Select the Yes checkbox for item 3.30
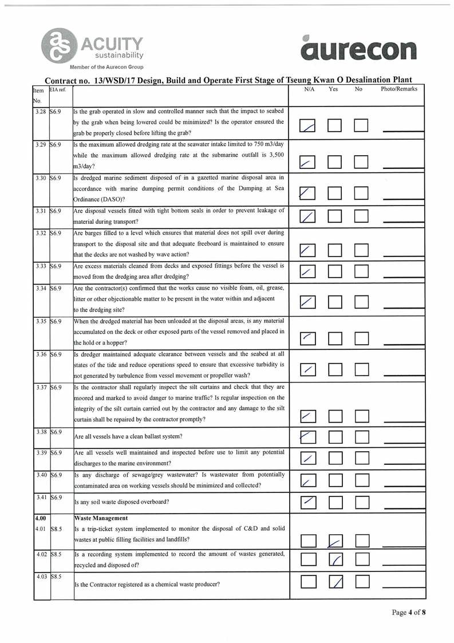pos(336,195)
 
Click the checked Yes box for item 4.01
pos(336,540)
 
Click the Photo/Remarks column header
pos(399,89)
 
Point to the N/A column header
pos(310,89)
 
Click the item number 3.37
pos(41,387)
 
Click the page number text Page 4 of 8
pos(409,612)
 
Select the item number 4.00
pos(41,518)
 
